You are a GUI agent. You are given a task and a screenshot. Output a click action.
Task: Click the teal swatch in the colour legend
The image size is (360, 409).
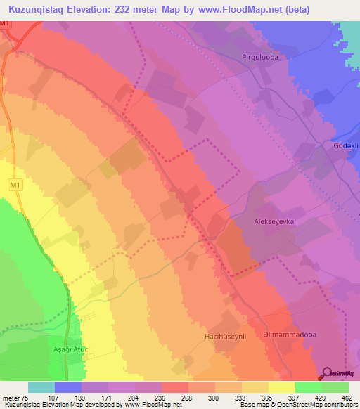(41, 387)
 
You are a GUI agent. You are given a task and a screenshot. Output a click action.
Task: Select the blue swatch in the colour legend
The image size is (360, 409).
(68, 387)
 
